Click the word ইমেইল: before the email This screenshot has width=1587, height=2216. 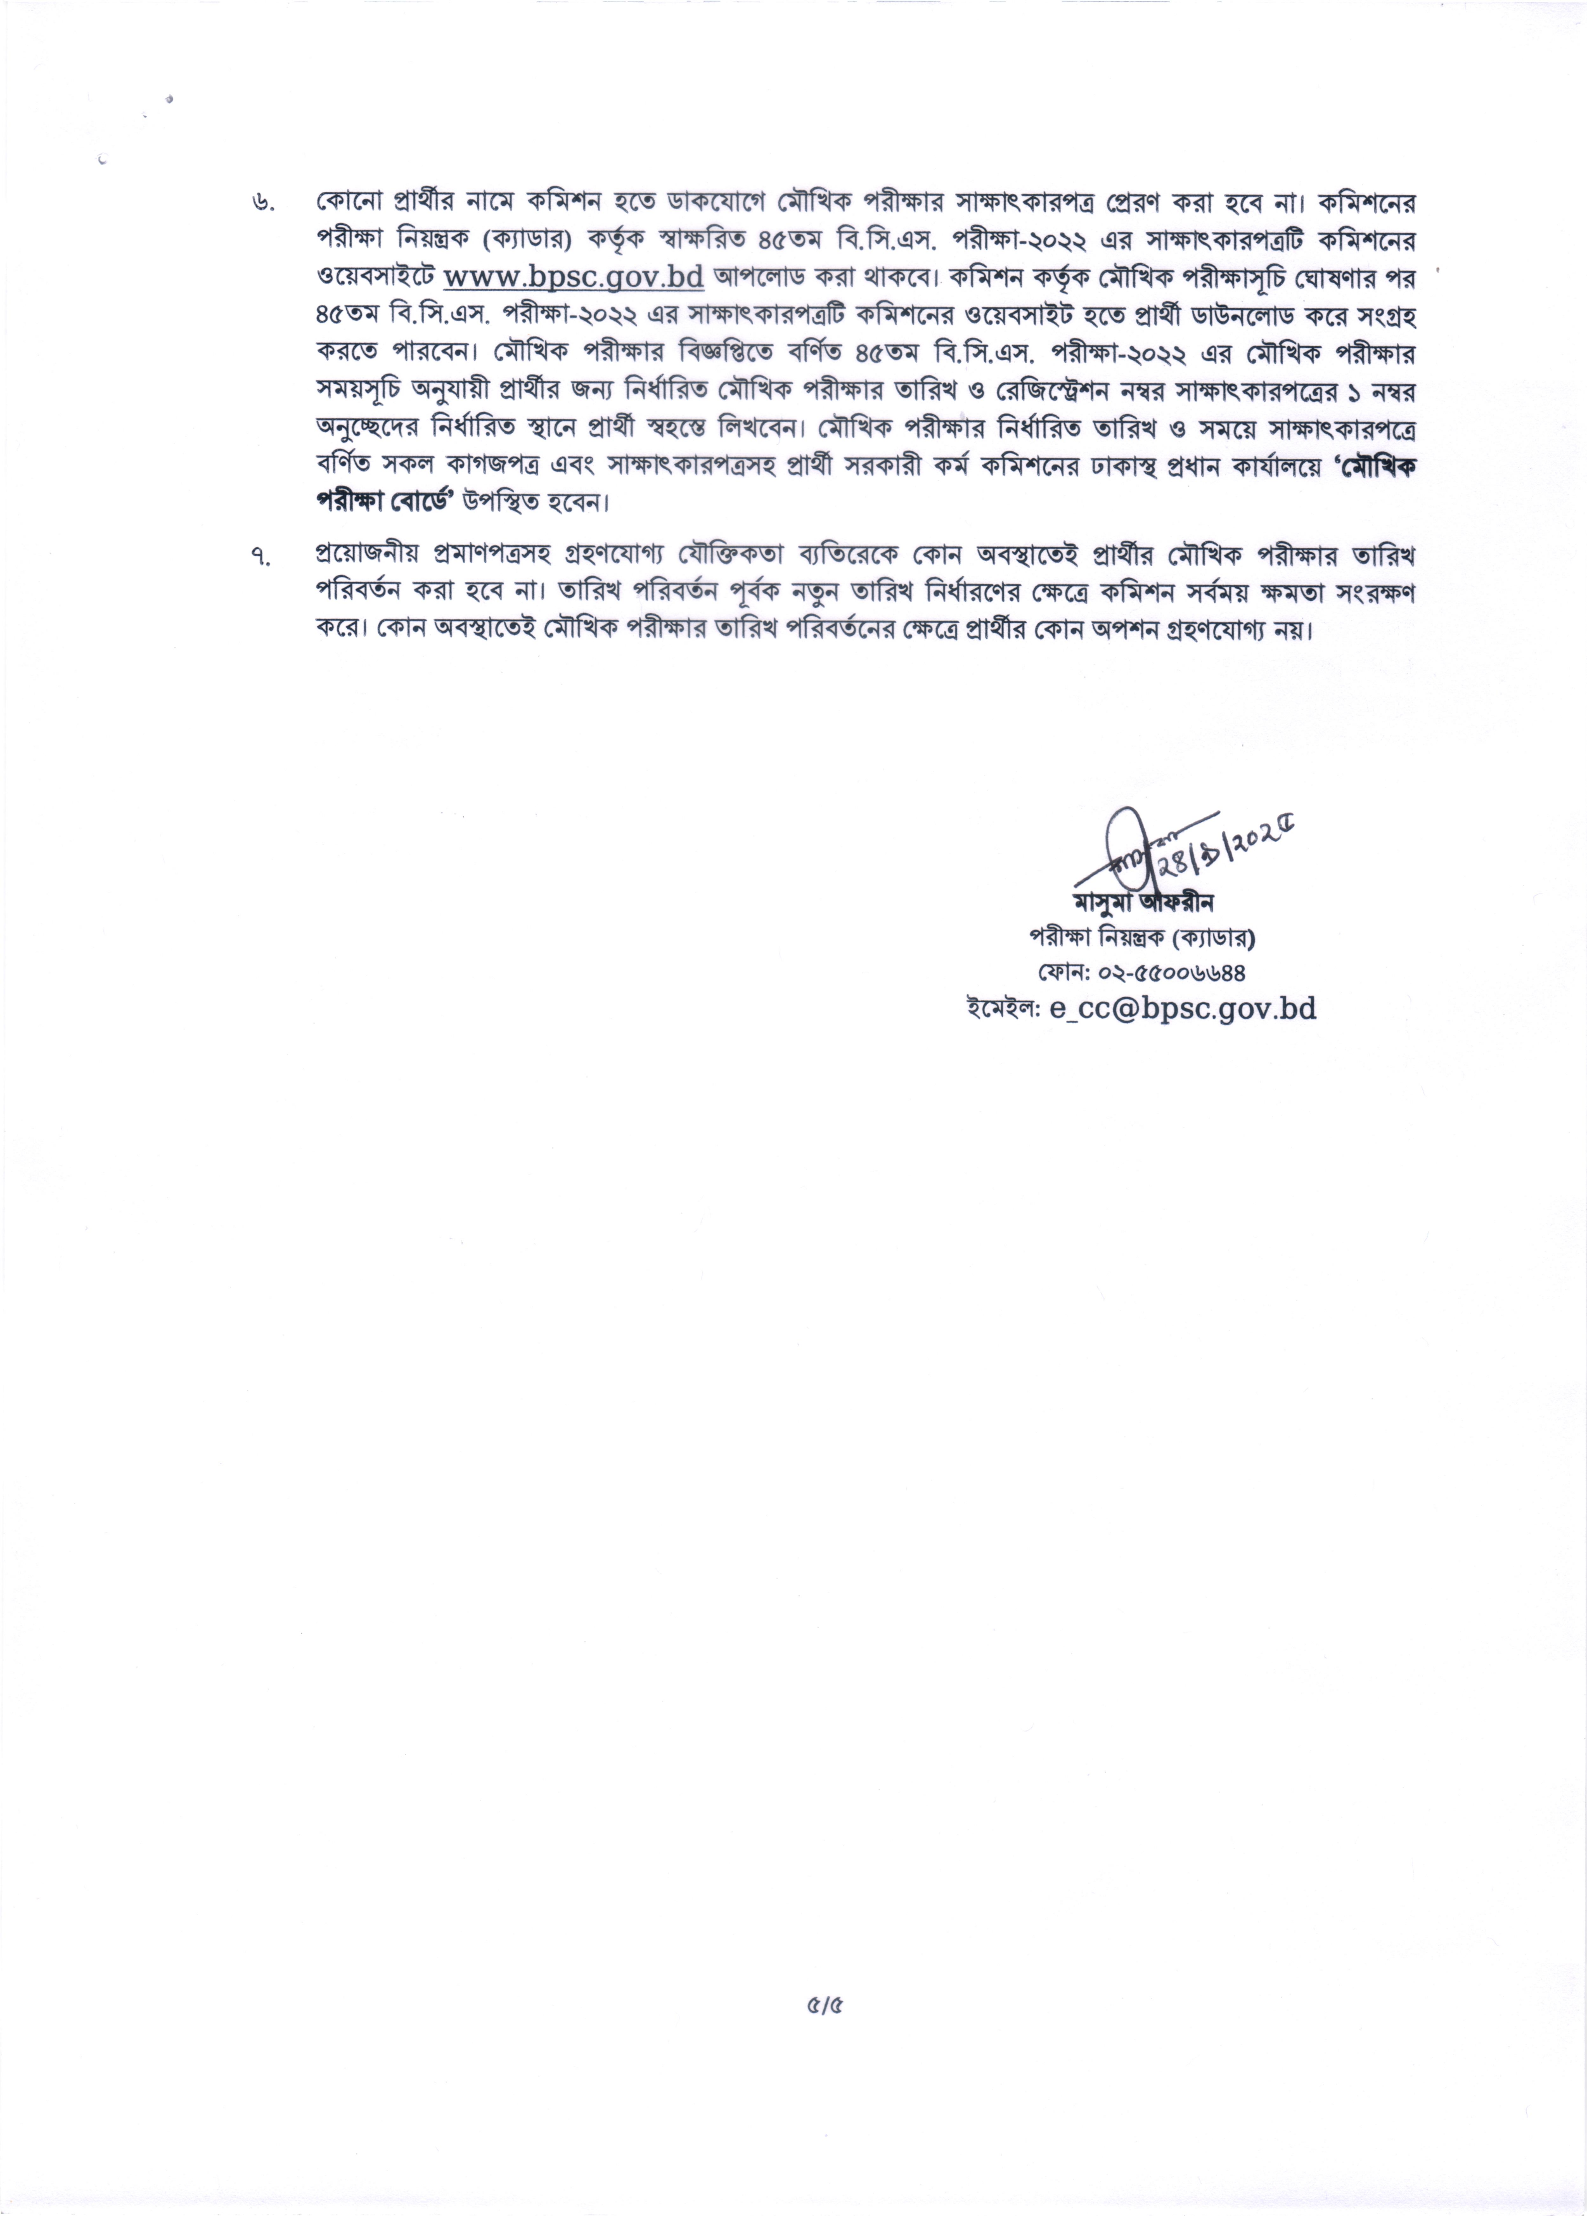tap(1004, 1009)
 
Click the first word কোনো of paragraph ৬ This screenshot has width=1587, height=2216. tap(346, 203)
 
